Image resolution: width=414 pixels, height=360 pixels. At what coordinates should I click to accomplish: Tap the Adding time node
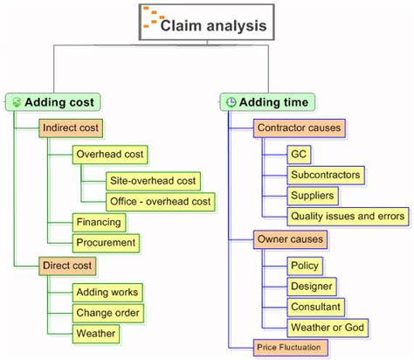[266, 102]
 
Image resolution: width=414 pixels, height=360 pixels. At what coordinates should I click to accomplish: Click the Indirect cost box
[71, 128]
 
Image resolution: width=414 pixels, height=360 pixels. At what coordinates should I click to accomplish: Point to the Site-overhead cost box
[152, 181]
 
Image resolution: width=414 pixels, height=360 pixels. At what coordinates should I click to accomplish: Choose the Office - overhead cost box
[159, 202]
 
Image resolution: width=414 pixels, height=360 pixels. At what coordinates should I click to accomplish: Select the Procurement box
[106, 243]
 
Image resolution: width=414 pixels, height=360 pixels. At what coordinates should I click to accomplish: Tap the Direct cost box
[67, 265]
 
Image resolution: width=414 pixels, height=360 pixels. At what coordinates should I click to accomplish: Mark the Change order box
[108, 312]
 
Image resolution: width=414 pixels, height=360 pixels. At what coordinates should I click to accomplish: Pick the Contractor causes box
[300, 128]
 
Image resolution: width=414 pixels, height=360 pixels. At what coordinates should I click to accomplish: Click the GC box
[298, 155]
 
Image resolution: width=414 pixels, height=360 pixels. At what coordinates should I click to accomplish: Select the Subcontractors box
[325, 176]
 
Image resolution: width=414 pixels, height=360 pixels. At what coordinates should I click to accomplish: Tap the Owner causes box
[290, 239]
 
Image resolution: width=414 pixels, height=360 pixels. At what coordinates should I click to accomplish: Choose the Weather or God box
[328, 328]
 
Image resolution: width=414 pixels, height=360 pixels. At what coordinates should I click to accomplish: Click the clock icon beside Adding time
[231, 102]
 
